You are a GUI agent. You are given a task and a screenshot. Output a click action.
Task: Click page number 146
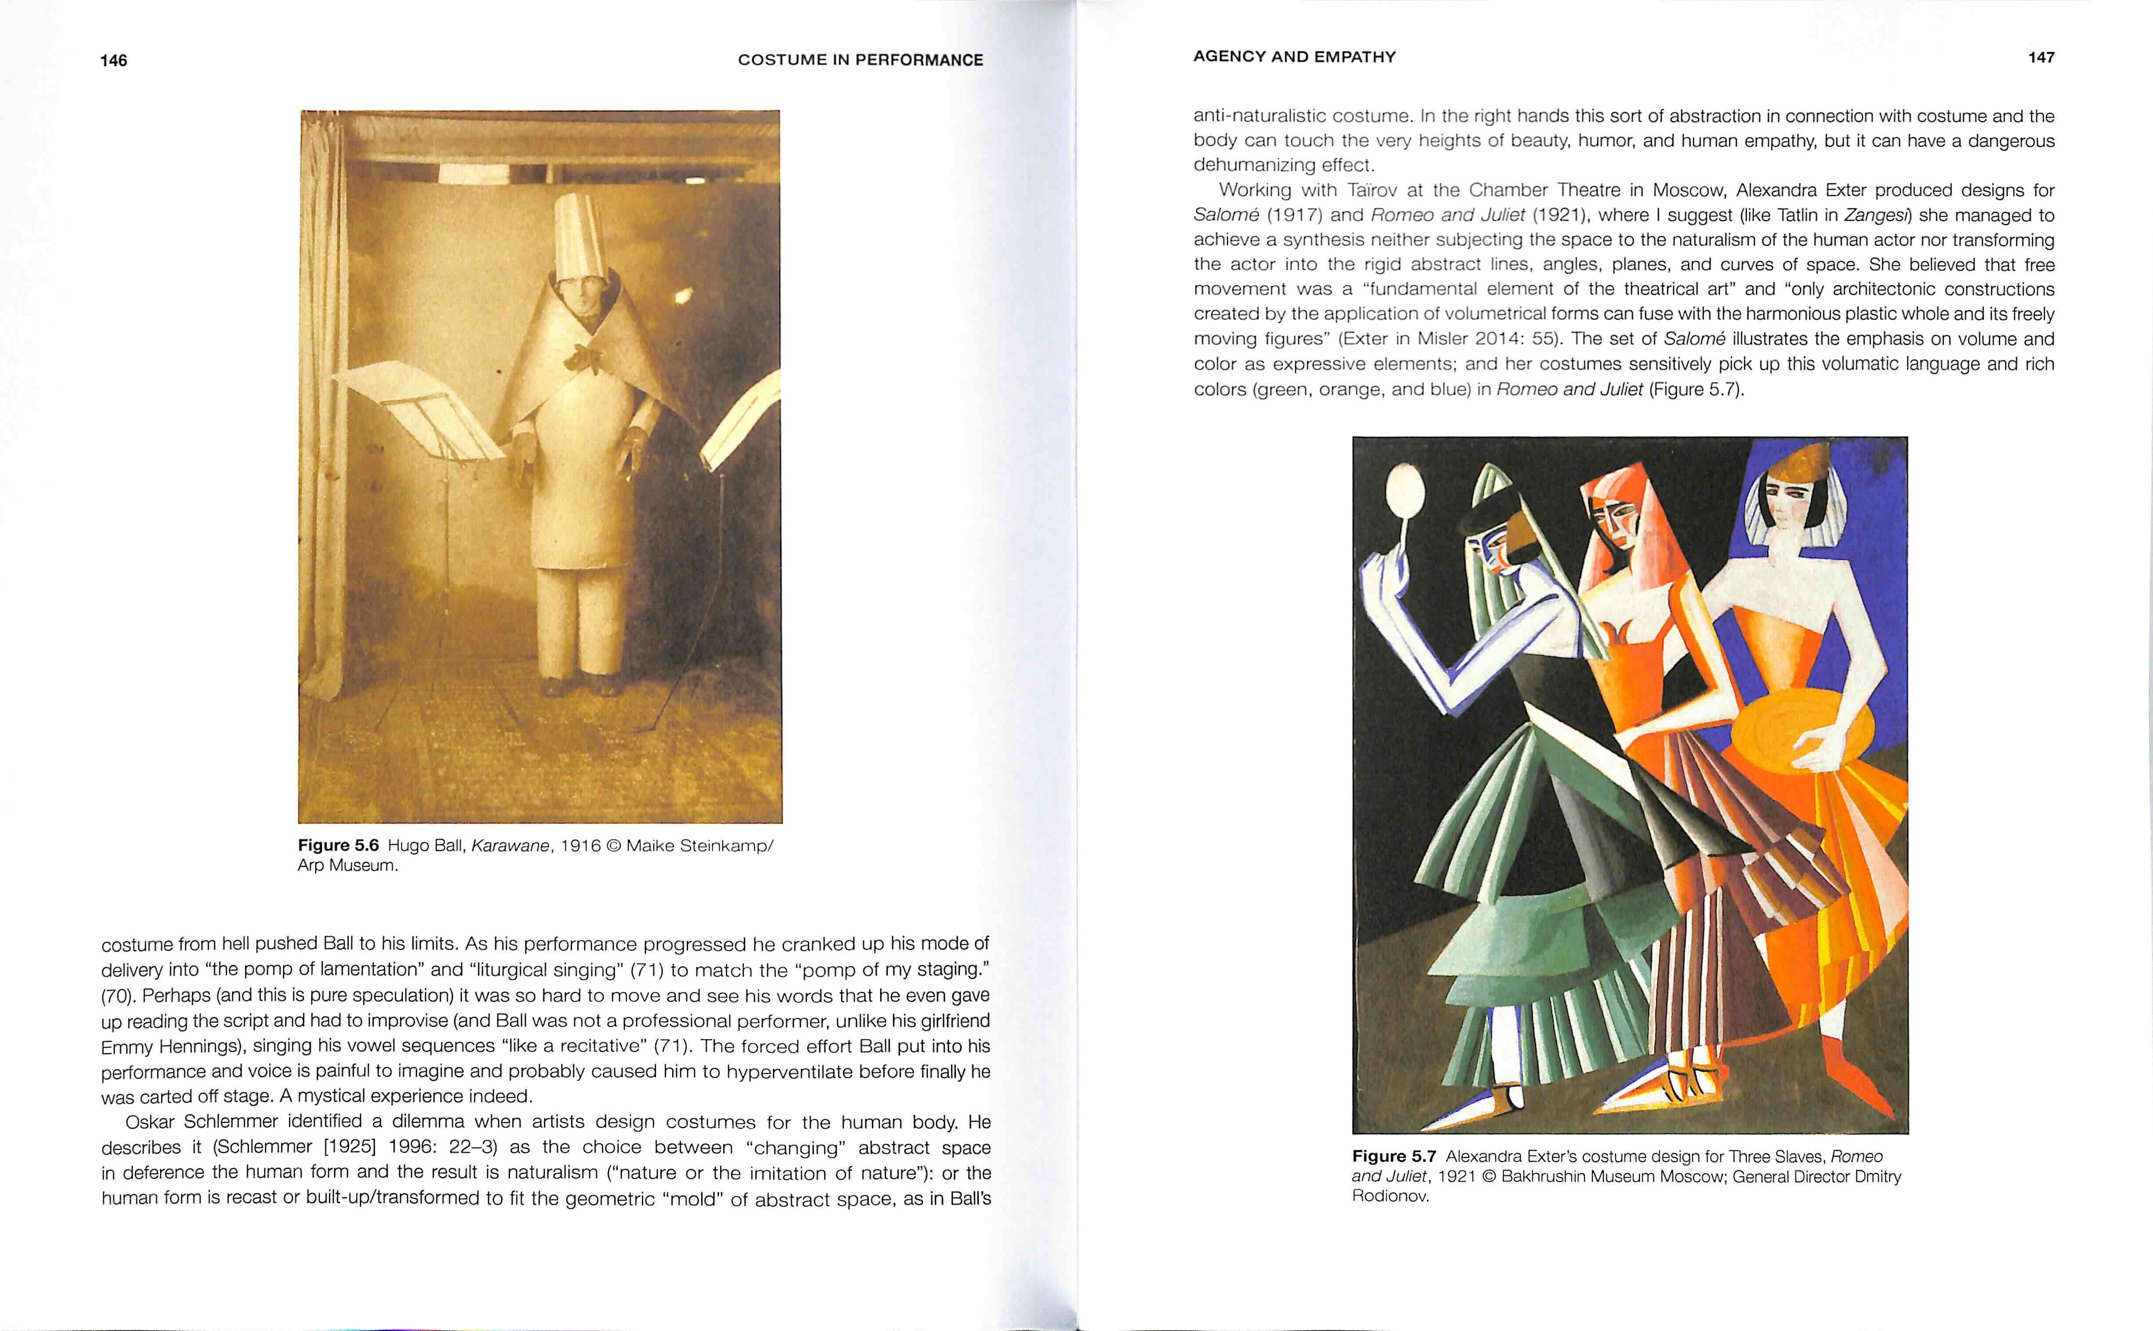[113, 61]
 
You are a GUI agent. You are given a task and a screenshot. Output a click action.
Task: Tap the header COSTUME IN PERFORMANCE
[860, 60]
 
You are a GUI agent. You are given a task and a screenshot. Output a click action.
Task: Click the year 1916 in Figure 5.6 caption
[580, 846]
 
